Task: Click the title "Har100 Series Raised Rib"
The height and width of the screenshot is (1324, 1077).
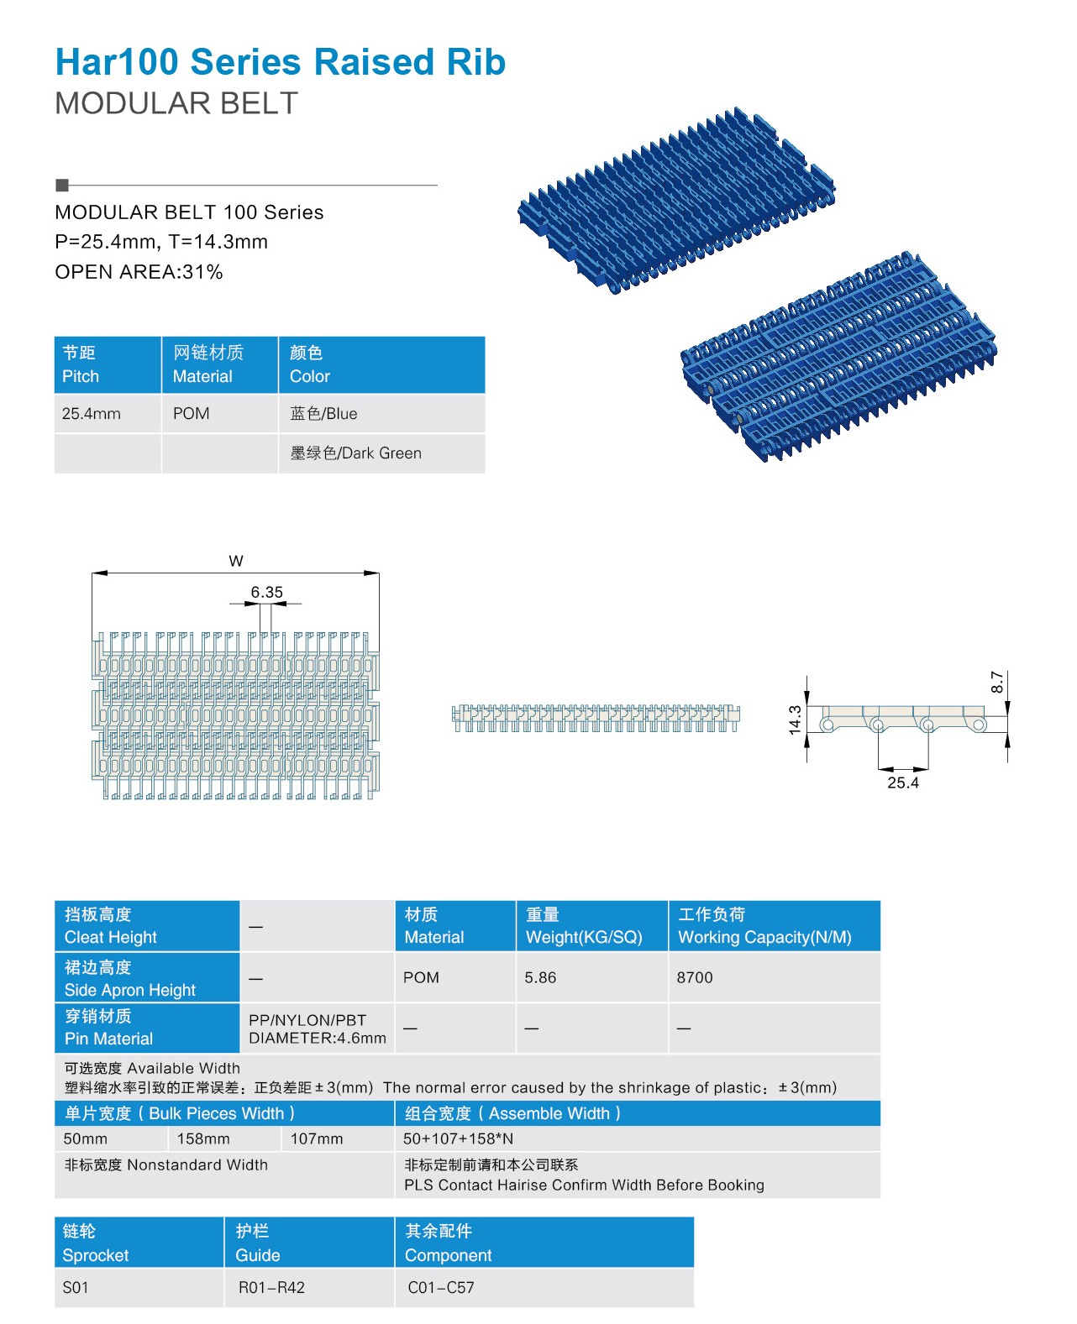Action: [281, 62]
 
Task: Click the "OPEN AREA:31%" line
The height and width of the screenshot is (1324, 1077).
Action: [139, 272]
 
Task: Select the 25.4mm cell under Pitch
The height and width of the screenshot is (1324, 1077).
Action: [108, 413]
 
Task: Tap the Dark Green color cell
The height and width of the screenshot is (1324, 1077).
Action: [381, 453]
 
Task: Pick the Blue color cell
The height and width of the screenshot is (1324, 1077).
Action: [381, 413]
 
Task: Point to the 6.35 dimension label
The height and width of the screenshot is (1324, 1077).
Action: [266, 592]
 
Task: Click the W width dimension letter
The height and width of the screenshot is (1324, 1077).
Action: [236, 561]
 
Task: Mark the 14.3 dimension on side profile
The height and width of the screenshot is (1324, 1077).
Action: [795, 720]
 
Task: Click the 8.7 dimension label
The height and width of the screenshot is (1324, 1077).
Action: [997, 682]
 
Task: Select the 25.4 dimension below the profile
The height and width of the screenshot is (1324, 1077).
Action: [903, 782]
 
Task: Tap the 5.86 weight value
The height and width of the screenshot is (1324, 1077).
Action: [540, 977]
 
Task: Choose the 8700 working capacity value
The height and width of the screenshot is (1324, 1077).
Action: [695, 977]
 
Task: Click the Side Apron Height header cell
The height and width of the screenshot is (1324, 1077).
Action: [147, 978]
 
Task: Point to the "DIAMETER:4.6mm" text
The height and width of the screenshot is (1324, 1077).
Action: [317, 1038]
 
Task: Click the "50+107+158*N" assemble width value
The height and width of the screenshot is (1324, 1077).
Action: [459, 1138]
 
